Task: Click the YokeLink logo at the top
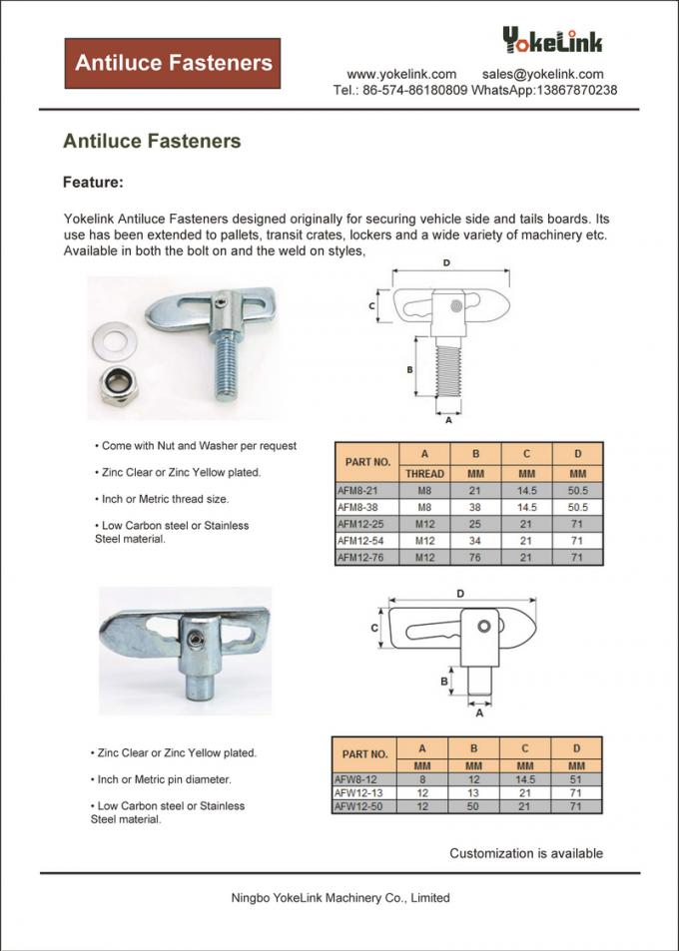click(x=552, y=41)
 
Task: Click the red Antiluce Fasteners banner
click(x=173, y=63)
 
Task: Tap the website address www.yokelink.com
click(x=401, y=74)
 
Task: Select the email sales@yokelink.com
click(x=542, y=74)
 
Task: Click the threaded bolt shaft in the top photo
click(x=225, y=368)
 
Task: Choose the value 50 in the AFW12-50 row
click(x=474, y=805)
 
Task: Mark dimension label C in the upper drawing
click(x=372, y=306)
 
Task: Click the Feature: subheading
click(x=93, y=183)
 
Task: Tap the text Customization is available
click(x=525, y=853)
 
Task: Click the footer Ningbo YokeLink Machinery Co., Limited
click(x=339, y=897)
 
